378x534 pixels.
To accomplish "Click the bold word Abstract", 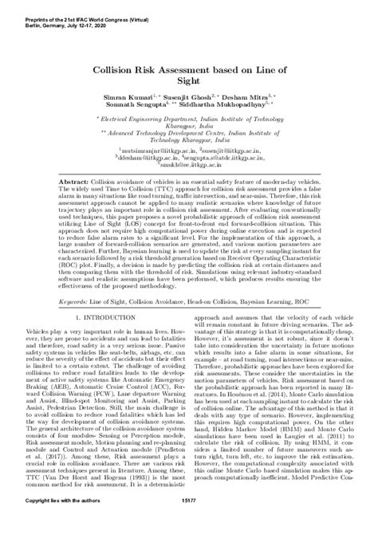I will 73,183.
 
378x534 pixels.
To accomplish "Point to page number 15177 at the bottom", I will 189,520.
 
